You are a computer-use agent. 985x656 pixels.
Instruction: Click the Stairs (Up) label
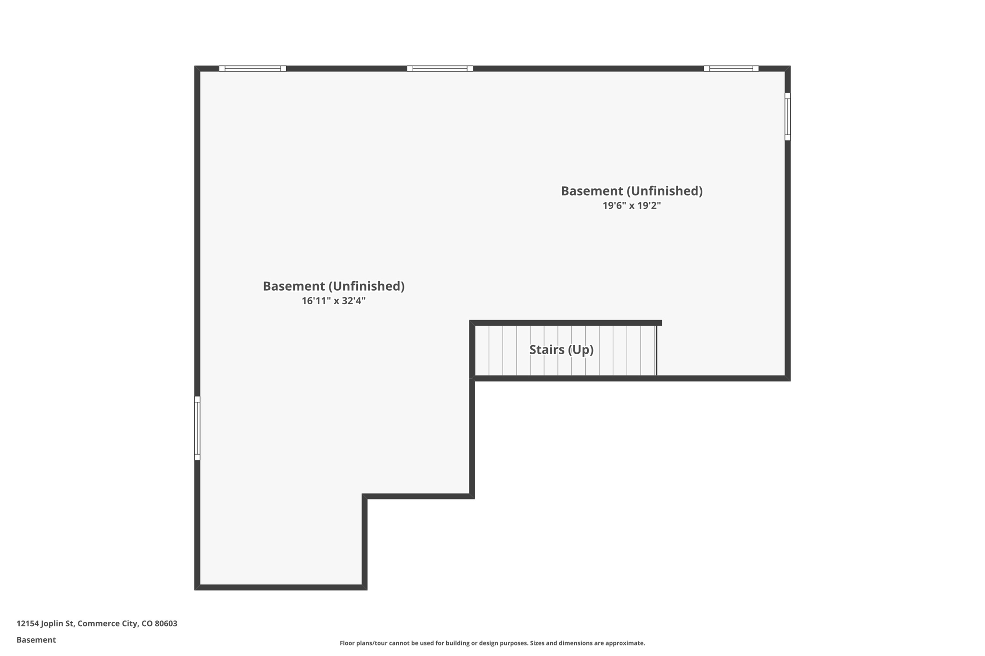click(x=561, y=350)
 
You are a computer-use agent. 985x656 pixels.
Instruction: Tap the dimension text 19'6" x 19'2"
click(x=631, y=206)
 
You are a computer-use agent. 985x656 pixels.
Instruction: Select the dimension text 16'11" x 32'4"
click(x=333, y=301)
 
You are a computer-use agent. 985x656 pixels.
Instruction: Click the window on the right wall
click(x=787, y=117)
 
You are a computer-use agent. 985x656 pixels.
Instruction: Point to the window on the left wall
click(x=197, y=428)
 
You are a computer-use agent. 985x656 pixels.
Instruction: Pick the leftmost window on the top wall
click(x=253, y=69)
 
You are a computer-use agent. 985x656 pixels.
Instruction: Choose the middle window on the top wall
click(x=440, y=69)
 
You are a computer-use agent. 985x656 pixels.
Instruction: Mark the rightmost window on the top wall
click(x=731, y=69)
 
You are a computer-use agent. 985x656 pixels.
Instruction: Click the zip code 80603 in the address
click(x=166, y=624)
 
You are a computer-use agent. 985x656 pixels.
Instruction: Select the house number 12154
click(x=27, y=624)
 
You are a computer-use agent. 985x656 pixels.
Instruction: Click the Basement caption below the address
click(x=36, y=640)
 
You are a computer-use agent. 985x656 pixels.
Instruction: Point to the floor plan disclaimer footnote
click(x=492, y=643)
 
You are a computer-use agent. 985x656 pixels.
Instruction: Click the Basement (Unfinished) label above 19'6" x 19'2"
click(x=631, y=191)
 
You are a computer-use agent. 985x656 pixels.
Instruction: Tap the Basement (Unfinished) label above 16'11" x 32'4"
click(x=333, y=286)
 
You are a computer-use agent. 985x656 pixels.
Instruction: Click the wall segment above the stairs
click(x=565, y=323)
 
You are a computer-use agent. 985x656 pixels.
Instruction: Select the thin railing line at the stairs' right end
click(x=657, y=350)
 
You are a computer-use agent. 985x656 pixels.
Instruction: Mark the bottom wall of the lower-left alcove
click(x=281, y=587)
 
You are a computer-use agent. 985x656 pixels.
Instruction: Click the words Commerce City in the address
click(x=107, y=624)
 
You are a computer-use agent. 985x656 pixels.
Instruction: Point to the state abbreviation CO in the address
click(x=147, y=624)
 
